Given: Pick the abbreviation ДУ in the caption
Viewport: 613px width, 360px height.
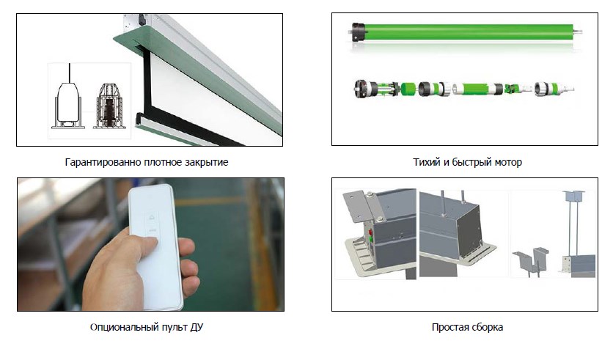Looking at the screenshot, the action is (x=197, y=327).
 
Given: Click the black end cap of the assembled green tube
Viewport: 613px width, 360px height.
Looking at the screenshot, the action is (x=358, y=32).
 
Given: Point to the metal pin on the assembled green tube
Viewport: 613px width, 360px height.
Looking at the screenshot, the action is (x=577, y=32).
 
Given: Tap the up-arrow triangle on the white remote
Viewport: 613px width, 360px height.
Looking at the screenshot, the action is (x=152, y=217).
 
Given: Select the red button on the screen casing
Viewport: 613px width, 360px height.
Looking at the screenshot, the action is (x=370, y=232).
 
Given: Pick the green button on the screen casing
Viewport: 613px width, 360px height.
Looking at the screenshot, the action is (x=370, y=238).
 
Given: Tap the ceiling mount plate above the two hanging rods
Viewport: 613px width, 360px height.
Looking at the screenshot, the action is (x=573, y=194).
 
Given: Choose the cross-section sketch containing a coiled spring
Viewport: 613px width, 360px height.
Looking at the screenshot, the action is (x=109, y=106).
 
